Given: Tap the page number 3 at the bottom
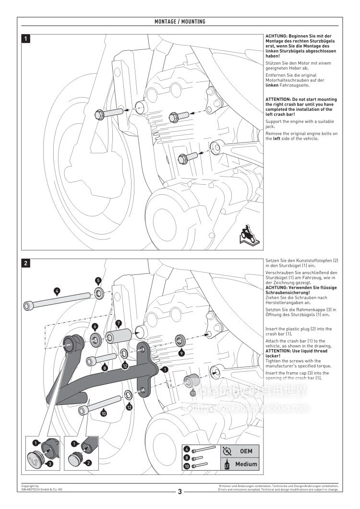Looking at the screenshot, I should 180,491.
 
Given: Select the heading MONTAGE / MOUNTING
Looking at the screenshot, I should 180,22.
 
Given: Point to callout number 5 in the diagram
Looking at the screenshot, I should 98,280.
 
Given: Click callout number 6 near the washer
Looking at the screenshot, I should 95,327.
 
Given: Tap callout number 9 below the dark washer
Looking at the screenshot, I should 181,353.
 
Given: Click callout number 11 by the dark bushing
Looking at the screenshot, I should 193,392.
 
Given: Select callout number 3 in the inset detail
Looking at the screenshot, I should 49,463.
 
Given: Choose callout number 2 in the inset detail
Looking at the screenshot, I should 88,463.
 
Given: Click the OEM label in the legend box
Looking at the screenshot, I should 246,451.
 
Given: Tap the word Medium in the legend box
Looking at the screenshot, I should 246,464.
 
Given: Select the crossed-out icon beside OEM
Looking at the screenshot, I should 227,451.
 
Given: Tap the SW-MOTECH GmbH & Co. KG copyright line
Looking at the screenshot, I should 41,489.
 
